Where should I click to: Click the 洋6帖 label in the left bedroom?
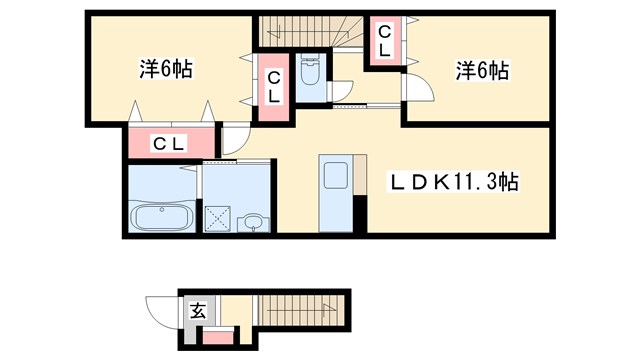tap(165, 70)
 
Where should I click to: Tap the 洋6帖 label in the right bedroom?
tap(484, 71)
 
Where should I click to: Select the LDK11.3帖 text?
tap(453, 184)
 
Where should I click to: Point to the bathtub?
tap(163, 218)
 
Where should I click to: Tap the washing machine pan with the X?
tap(218, 218)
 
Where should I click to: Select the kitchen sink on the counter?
tap(334, 176)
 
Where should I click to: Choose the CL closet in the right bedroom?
tap(384, 42)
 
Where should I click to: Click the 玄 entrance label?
tap(198, 310)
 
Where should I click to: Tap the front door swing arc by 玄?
tap(162, 305)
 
